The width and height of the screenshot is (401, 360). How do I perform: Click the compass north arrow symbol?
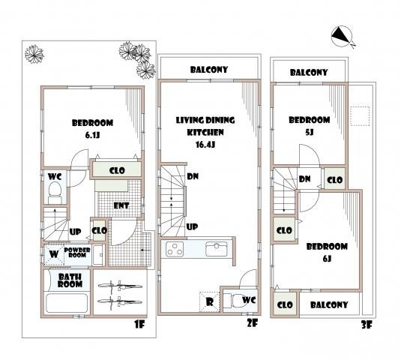(x=340, y=35)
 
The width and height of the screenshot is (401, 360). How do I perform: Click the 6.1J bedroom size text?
(x=92, y=136)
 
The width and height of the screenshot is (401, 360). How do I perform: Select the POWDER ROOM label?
(x=77, y=253)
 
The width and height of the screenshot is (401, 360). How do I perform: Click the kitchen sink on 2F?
(x=216, y=249)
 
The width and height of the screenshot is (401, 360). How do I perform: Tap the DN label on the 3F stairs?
(x=305, y=179)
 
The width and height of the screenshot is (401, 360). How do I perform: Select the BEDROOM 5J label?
(x=309, y=125)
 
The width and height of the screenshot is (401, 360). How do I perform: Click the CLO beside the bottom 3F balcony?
(x=284, y=305)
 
